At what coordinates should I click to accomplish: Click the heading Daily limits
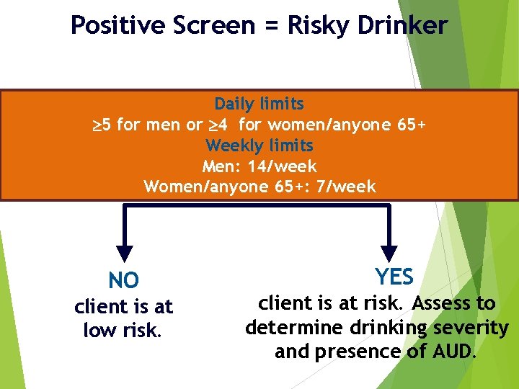click(x=259, y=104)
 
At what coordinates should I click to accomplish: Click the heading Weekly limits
click(x=259, y=146)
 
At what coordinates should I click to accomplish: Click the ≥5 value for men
click(x=102, y=125)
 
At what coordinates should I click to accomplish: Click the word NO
click(x=124, y=280)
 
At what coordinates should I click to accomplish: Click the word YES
click(x=394, y=277)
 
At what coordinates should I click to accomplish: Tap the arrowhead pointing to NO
click(x=125, y=253)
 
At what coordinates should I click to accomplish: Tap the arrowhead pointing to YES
click(x=389, y=253)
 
